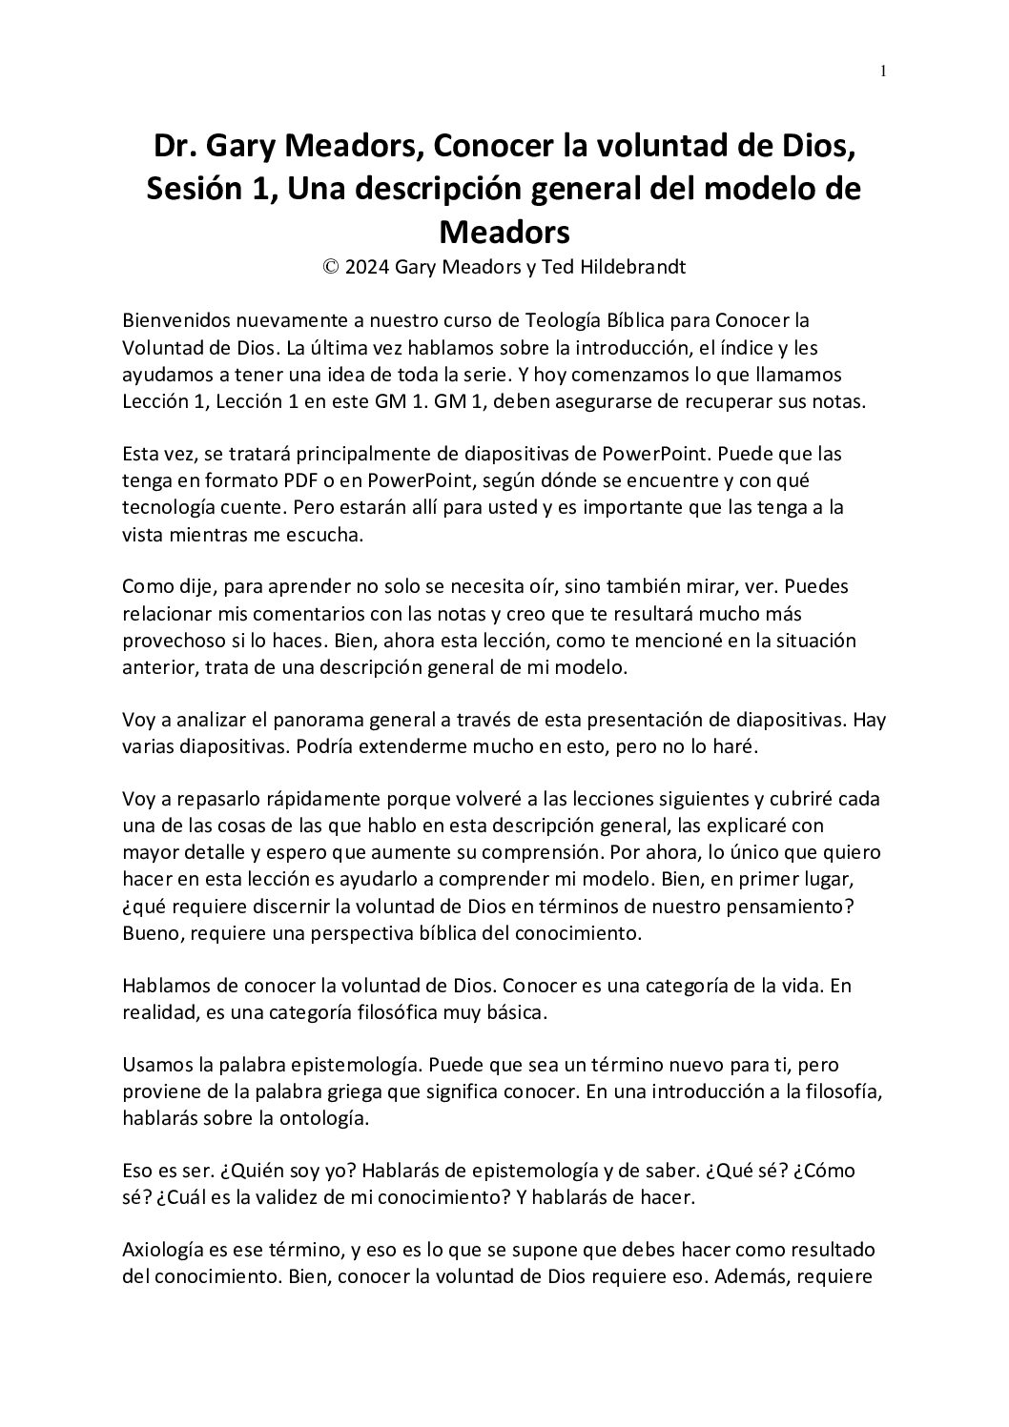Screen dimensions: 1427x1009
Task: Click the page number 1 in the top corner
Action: [883, 71]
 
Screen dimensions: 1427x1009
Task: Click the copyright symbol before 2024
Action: [331, 268]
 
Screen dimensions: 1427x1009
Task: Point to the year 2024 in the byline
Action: [367, 268]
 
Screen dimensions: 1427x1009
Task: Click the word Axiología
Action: [163, 1249]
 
